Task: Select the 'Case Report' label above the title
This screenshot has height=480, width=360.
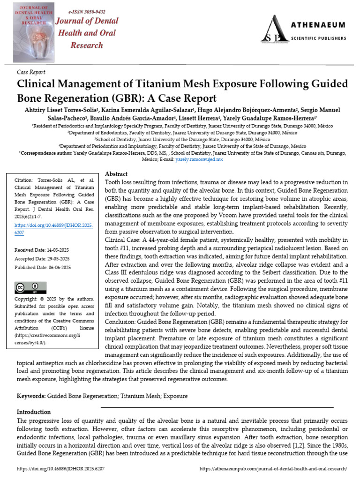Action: pos(31,72)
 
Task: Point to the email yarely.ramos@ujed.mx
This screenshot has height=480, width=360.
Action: pos(199,160)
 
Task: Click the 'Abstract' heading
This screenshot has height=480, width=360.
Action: pos(116,174)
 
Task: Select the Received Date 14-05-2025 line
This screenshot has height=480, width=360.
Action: pos(42,250)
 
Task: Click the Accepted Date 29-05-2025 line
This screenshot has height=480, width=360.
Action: pos(42,259)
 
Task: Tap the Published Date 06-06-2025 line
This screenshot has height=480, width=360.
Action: pos(43,267)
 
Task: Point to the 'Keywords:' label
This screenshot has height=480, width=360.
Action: pos(31,396)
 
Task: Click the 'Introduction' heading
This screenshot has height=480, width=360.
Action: pos(34,412)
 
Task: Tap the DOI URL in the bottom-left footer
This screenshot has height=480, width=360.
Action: pos(60,469)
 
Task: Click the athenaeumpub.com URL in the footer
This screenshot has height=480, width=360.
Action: pos(273,469)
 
